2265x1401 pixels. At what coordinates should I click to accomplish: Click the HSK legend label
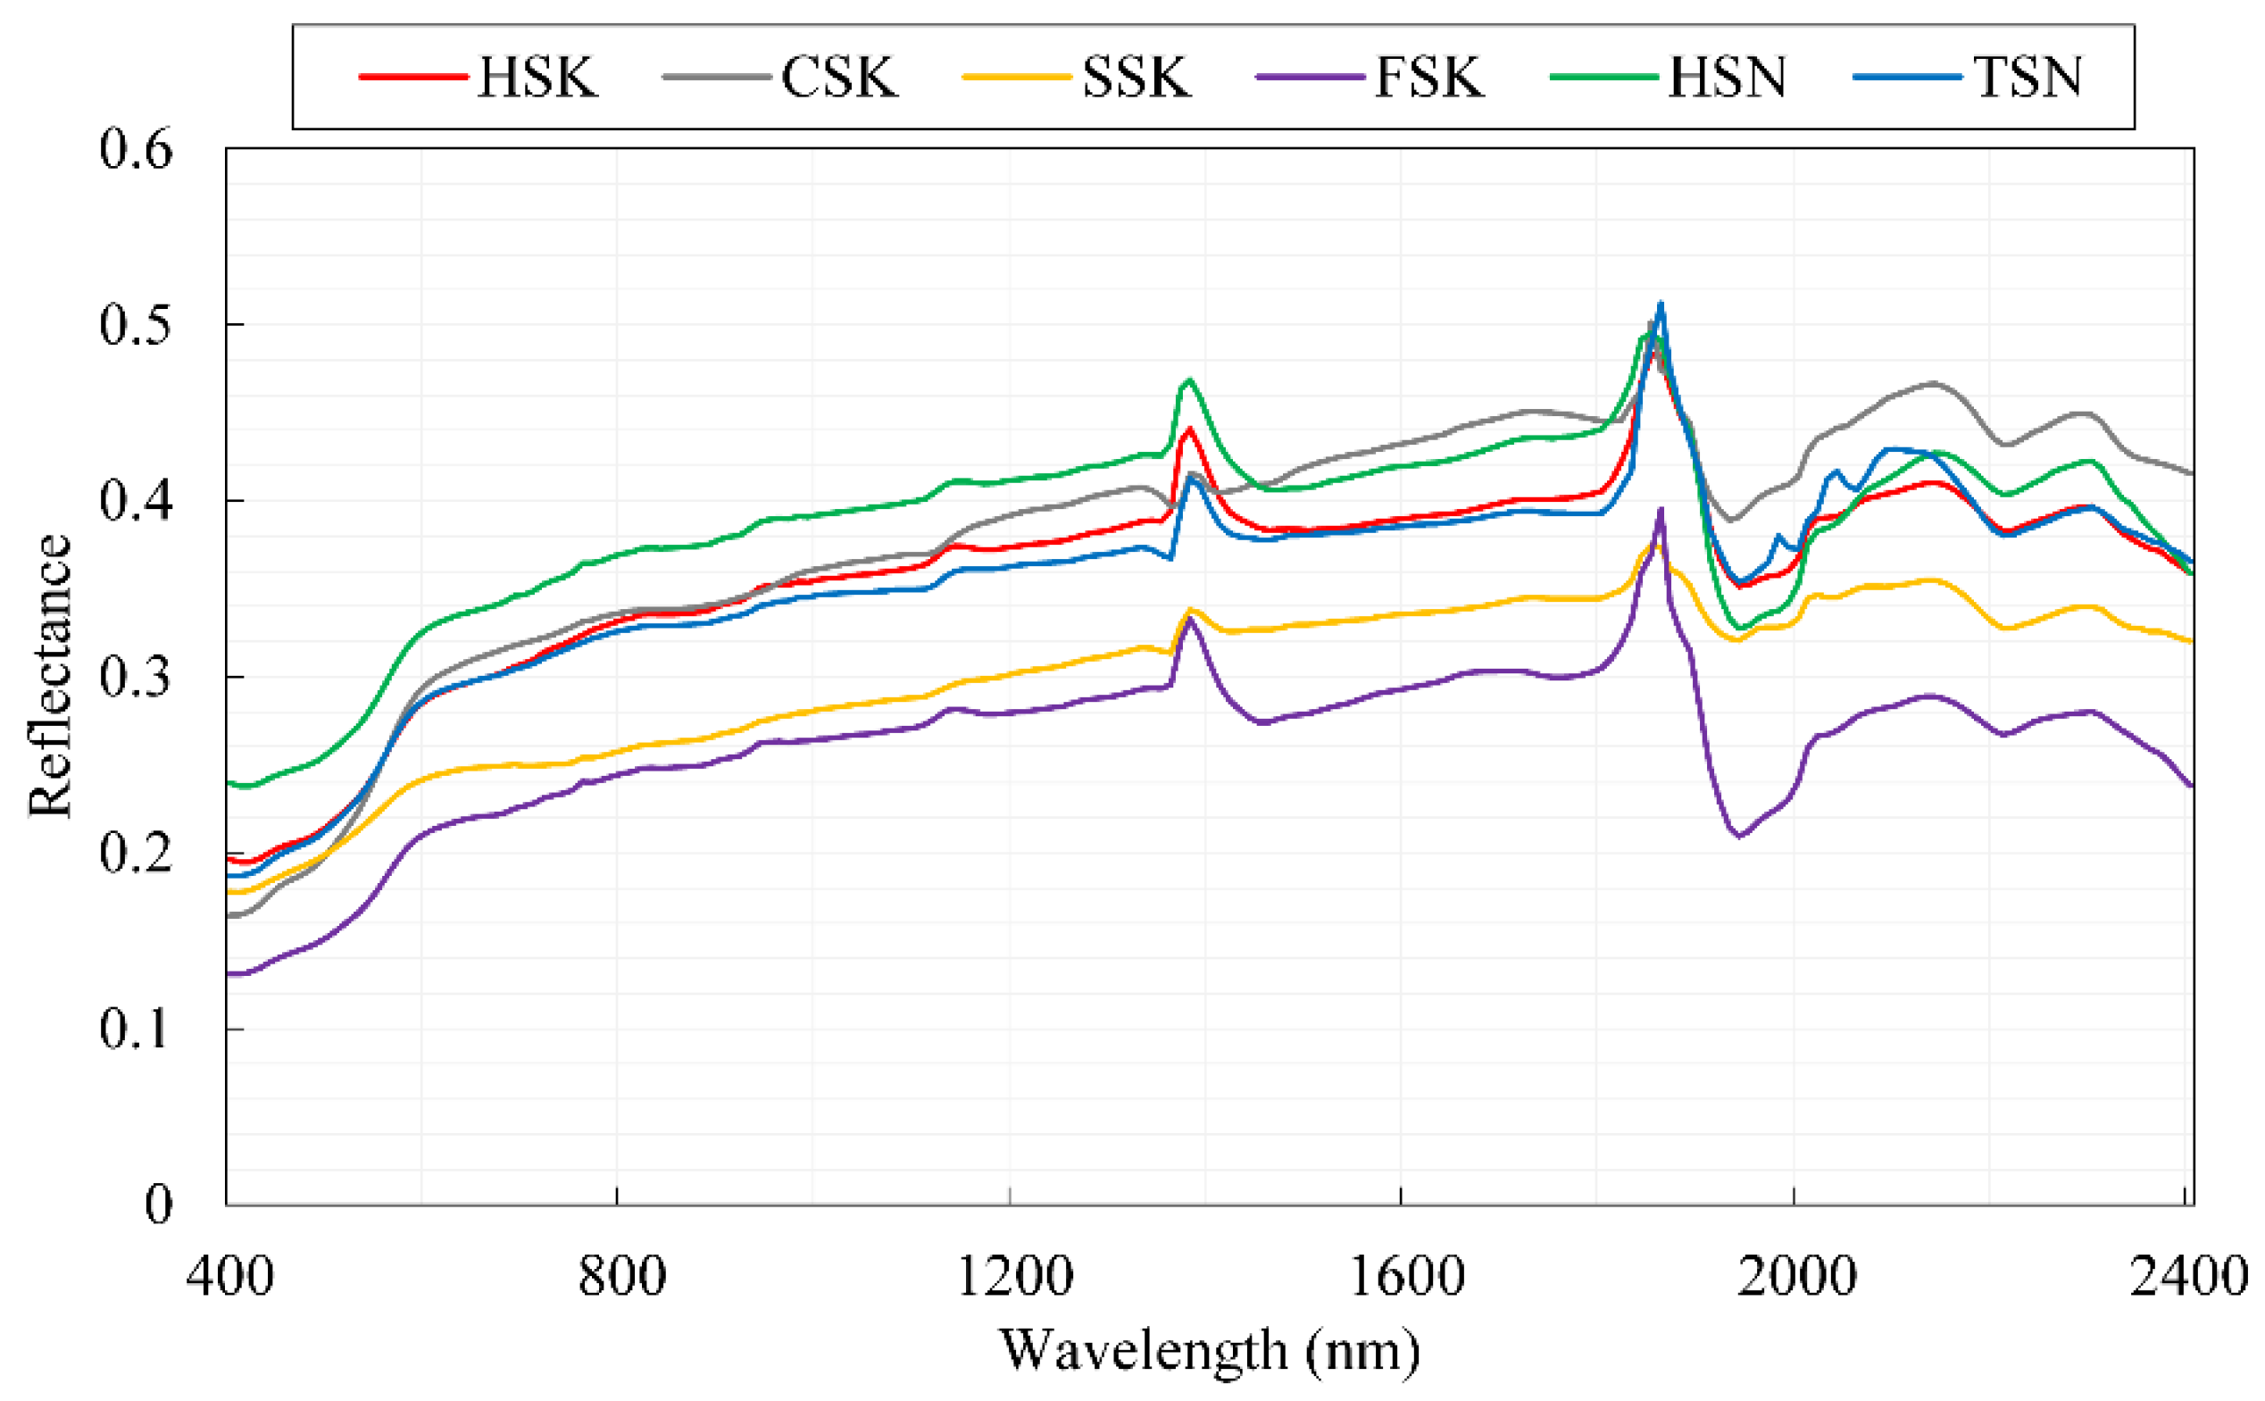tap(537, 76)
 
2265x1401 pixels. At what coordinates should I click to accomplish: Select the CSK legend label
tap(838, 76)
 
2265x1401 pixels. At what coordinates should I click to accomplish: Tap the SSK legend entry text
tap(1136, 76)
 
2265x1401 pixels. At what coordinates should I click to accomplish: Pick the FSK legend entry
tap(1428, 76)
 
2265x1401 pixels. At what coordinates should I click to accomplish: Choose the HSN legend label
tap(1727, 76)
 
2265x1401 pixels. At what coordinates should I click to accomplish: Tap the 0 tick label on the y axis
tap(158, 1205)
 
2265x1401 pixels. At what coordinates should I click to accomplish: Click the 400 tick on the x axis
tap(229, 1276)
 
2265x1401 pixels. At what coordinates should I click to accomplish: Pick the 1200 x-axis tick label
tap(1013, 1276)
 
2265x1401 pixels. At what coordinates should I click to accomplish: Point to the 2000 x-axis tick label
tap(1795, 1276)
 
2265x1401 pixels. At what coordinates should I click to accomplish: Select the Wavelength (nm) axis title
tap(1209, 1350)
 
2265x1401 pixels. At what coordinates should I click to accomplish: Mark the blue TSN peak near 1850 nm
tap(1661, 303)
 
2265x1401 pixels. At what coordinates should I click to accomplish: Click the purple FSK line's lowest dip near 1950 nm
tap(1739, 837)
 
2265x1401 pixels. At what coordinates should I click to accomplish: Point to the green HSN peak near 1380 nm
tap(1189, 379)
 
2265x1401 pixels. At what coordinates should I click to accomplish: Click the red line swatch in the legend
tap(413, 76)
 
